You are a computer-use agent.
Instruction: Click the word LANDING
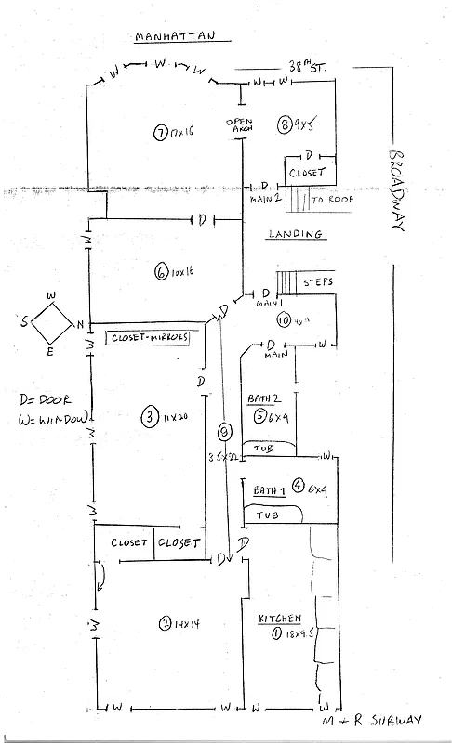[x=296, y=235]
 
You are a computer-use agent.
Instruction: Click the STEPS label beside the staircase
[x=317, y=280]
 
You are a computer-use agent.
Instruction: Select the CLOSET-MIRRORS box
[x=149, y=337]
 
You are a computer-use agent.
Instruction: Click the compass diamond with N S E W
[x=51, y=323]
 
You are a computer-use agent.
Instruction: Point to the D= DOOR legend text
[x=34, y=400]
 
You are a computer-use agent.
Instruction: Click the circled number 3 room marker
[x=149, y=417]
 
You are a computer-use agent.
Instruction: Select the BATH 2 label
[x=262, y=398]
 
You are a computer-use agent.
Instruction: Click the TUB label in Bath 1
[x=267, y=515]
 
